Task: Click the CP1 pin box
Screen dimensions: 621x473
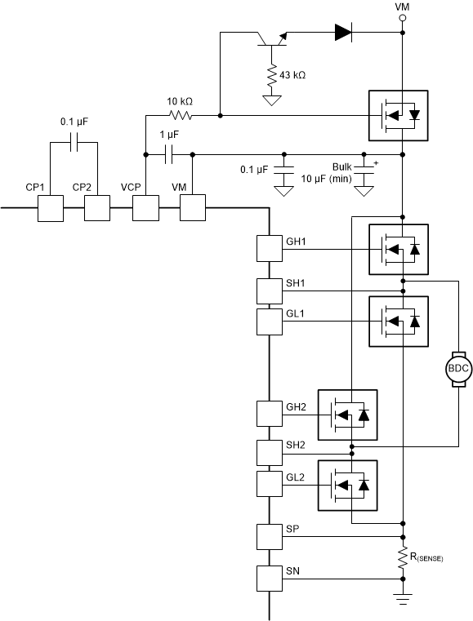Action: click(50, 209)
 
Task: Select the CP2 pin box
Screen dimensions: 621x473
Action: click(96, 209)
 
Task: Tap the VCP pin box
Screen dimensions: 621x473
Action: click(145, 209)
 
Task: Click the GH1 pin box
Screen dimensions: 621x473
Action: click(269, 248)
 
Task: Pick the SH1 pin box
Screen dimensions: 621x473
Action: click(269, 290)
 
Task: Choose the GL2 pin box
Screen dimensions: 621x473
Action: click(269, 483)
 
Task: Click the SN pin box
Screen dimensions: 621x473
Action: click(269, 579)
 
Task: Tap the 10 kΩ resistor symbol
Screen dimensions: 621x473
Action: click(180, 115)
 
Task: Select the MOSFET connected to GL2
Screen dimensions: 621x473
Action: click(349, 486)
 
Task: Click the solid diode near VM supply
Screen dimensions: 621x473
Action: click(343, 33)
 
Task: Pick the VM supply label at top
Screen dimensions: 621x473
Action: click(402, 7)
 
